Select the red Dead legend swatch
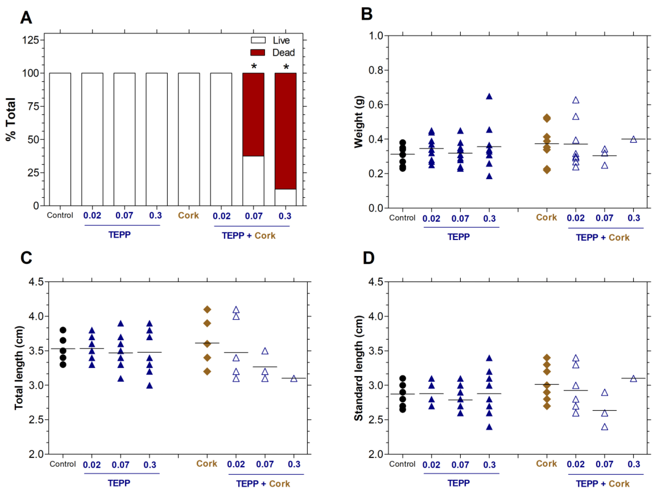[x=257, y=53]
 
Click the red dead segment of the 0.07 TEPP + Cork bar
[x=253, y=114]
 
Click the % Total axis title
[x=11, y=119]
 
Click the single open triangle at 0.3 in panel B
[x=633, y=139]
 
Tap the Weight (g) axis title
[x=359, y=122]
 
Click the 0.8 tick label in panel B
[x=376, y=70]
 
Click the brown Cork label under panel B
[x=546, y=217]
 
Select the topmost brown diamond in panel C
[x=207, y=309]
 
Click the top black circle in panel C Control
[x=63, y=330]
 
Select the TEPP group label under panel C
[x=119, y=483]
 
